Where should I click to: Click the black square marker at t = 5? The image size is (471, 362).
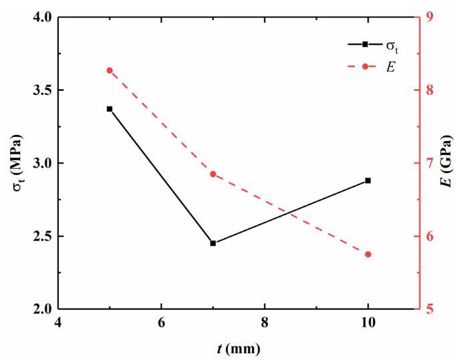tap(110, 109)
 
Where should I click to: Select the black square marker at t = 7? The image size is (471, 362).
tap(213, 243)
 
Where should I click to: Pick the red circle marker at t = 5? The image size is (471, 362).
tap(110, 70)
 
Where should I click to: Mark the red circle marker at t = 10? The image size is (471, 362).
tap(367, 254)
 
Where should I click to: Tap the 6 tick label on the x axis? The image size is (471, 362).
tap(162, 322)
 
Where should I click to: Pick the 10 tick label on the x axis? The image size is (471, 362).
tap(367, 322)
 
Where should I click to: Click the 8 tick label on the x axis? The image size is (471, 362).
tap(265, 322)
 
